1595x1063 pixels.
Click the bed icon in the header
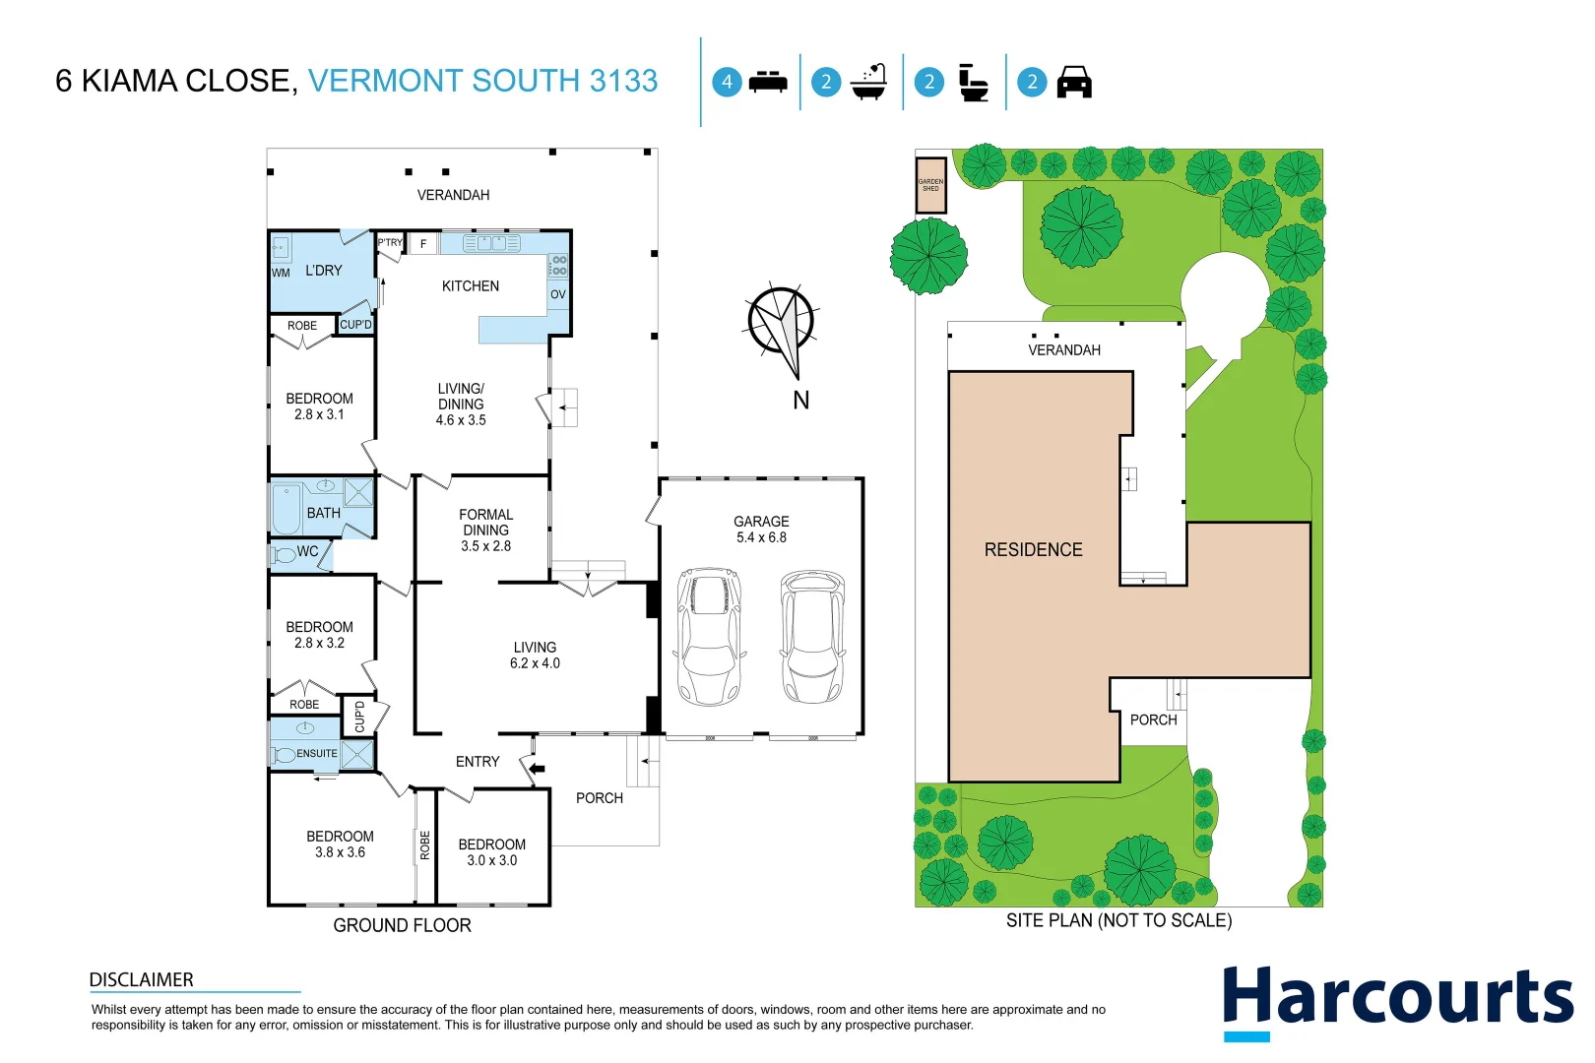pos(768,83)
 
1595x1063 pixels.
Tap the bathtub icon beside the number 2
pos(869,83)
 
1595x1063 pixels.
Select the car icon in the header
pos(1074,83)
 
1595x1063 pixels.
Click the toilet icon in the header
pos(973,83)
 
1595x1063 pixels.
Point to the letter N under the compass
pos(800,401)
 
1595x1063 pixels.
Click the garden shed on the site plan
pos(930,185)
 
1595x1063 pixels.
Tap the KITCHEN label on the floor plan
pos(470,286)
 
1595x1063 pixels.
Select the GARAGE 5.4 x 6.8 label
pos(761,530)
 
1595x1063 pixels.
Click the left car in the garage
pos(709,636)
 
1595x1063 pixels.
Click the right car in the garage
pos(812,636)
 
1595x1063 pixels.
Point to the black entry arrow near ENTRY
pos(537,769)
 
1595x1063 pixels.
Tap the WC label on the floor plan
pos(307,552)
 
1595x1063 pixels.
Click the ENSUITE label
pos(316,754)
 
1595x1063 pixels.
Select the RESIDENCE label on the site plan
pos(1033,550)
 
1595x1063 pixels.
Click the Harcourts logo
pos(1397,1000)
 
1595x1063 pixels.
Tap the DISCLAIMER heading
pos(141,980)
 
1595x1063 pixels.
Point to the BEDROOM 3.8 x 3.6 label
pos(340,844)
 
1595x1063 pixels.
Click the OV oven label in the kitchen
pos(558,294)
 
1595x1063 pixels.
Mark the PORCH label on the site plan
pos(1153,720)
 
